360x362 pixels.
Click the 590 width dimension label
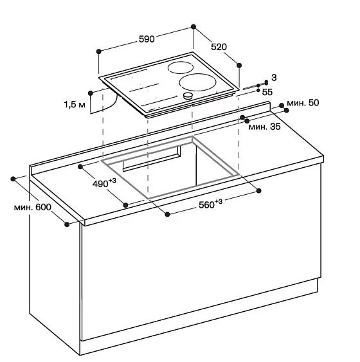(146, 39)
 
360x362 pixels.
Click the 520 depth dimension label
(219, 46)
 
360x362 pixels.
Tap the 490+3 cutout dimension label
(104, 183)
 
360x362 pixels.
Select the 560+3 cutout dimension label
(210, 204)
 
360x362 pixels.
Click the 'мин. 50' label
(303, 103)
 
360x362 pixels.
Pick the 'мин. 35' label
(264, 127)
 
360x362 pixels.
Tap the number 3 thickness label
(273, 77)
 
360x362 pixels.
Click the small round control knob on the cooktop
(188, 96)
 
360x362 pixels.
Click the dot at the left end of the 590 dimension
(99, 51)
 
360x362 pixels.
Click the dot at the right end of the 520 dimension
(240, 64)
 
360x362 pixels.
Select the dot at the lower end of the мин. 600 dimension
(67, 224)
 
